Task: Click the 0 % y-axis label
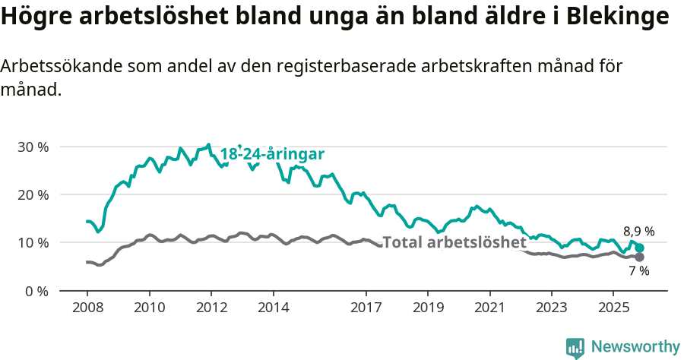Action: point(36,291)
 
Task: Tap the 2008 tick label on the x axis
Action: point(87,309)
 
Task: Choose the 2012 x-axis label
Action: point(211,309)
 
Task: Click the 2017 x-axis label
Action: point(366,309)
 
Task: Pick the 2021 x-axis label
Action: point(489,309)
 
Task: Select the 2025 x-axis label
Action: point(613,309)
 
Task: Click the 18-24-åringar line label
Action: point(272,154)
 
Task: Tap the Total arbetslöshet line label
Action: point(454,243)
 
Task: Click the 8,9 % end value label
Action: point(638,232)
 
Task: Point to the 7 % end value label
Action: point(638,270)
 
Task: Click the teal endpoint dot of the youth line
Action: point(640,248)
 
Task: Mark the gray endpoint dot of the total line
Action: point(639,257)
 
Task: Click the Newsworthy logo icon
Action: point(575,347)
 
